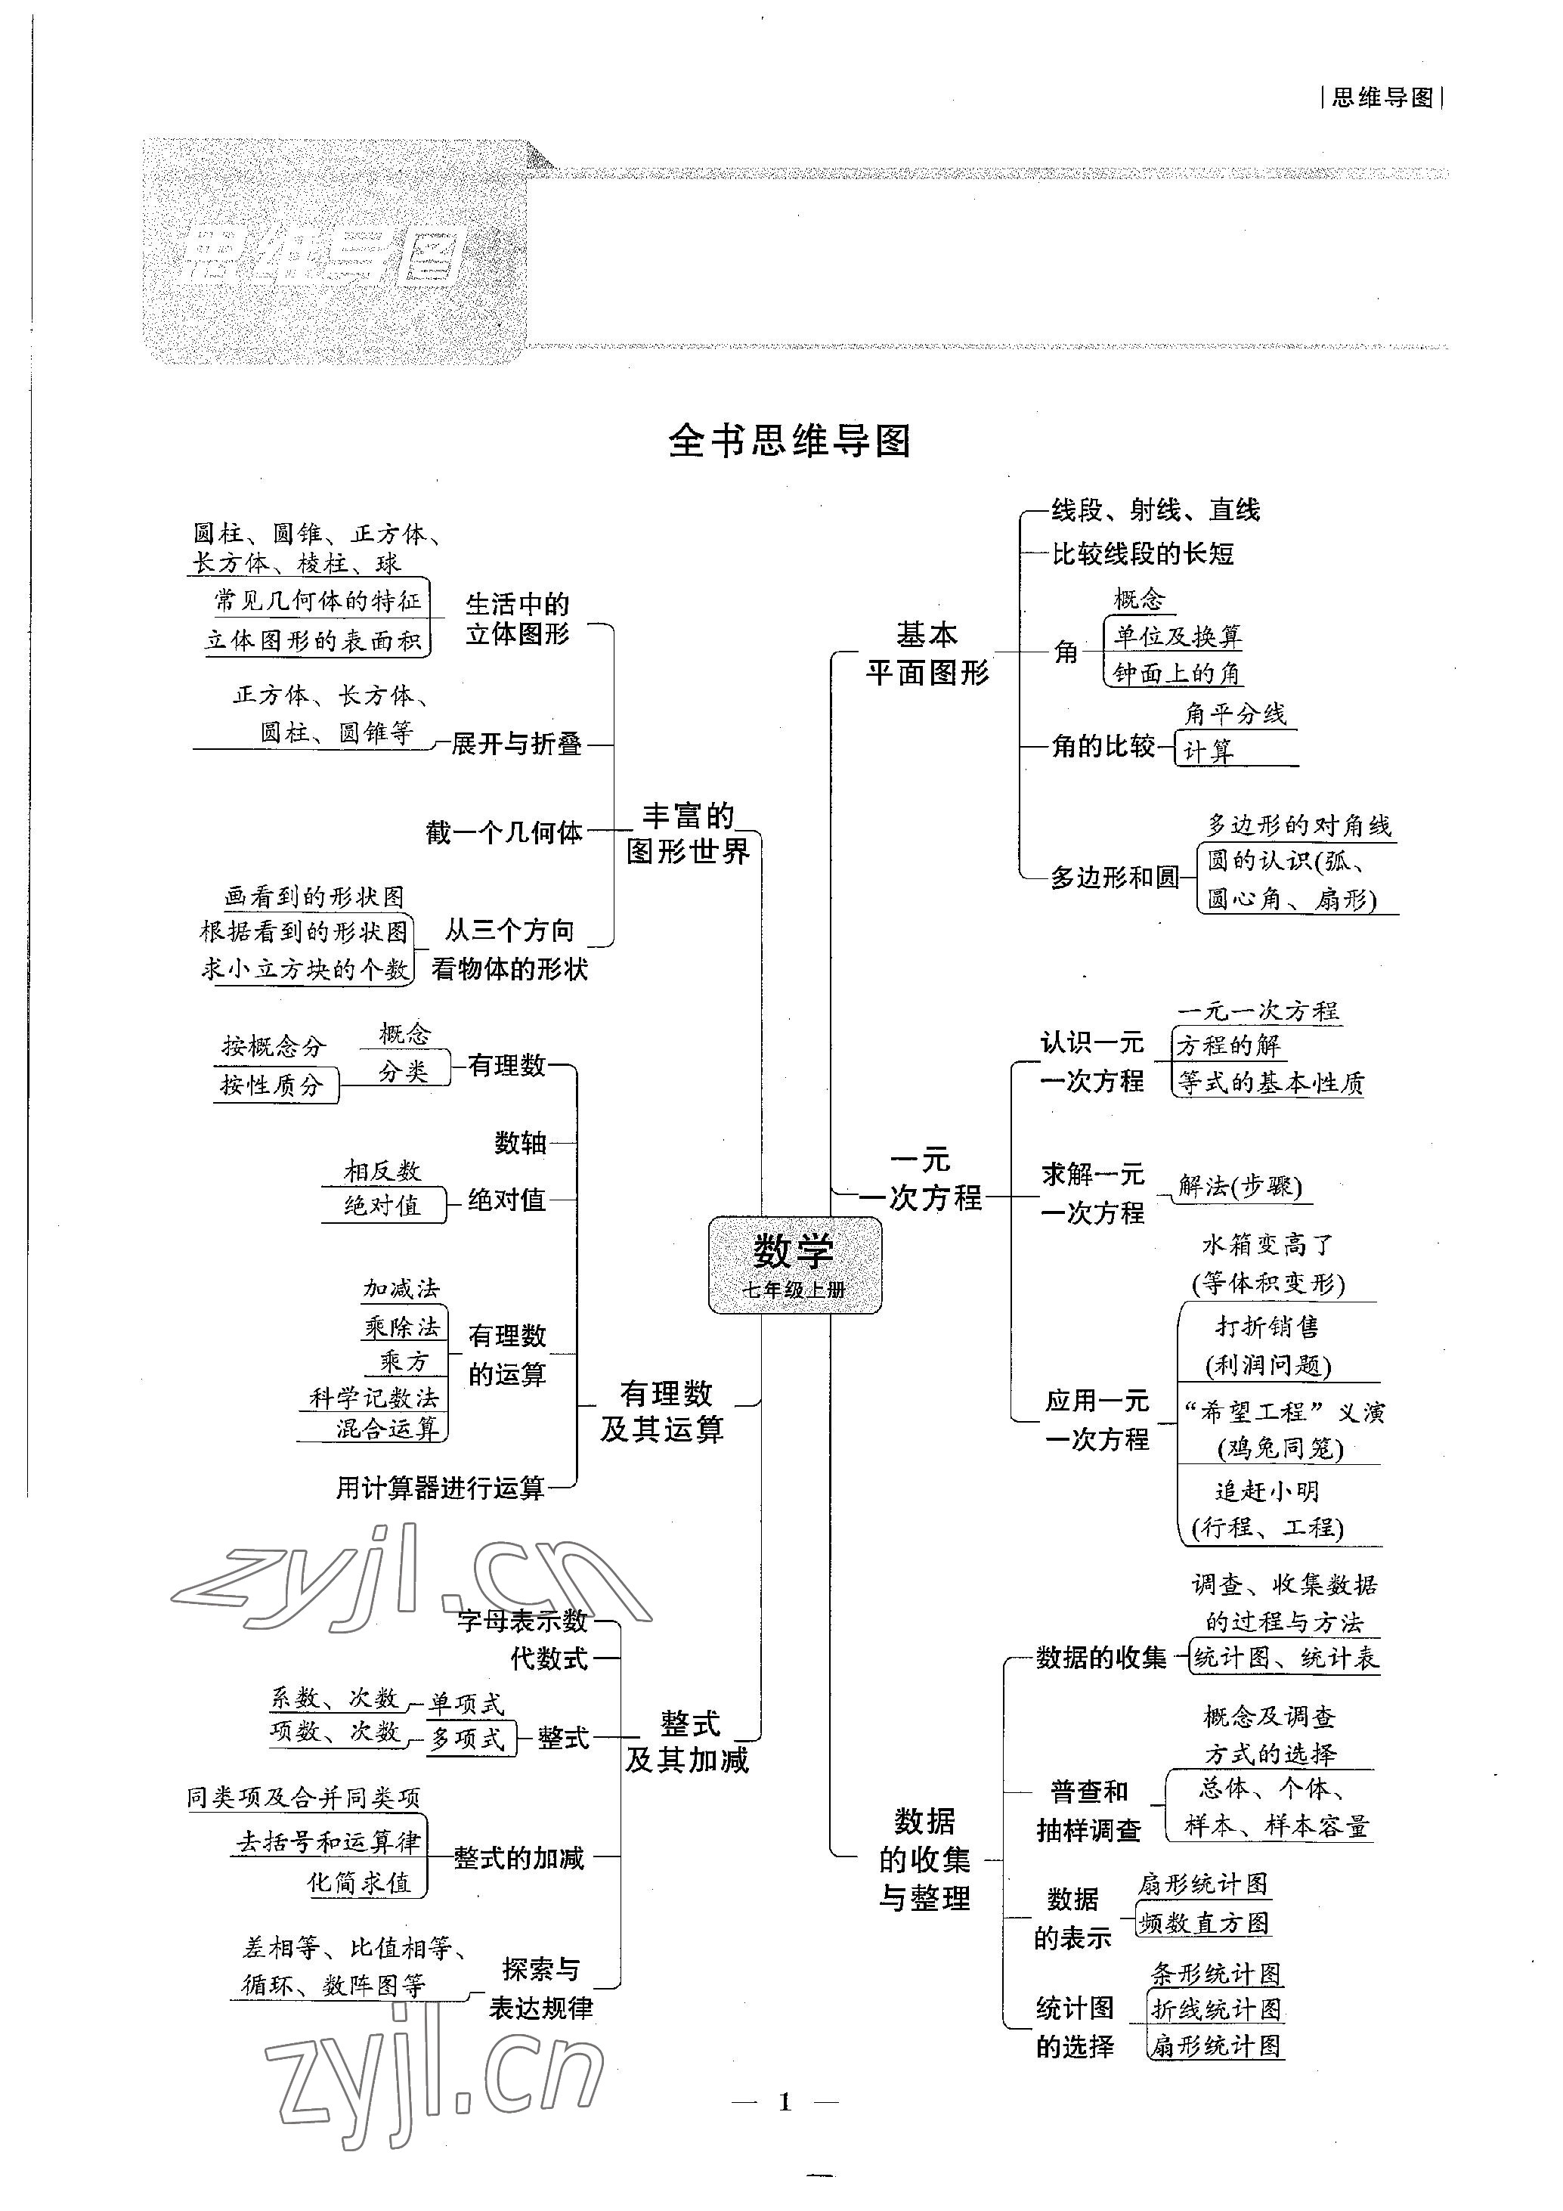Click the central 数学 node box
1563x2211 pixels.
point(794,1265)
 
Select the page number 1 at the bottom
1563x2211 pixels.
point(785,2101)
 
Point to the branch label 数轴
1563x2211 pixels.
point(520,1143)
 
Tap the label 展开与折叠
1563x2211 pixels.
point(516,743)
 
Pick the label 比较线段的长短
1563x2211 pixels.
point(1142,554)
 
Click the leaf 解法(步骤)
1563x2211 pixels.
point(1240,1187)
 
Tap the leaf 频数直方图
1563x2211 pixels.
point(1204,1923)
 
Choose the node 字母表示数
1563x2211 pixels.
point(522,1621)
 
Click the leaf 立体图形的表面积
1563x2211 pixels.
point(314,640)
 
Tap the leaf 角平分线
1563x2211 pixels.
point(1236,714)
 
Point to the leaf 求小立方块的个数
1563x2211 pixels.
point(305,969)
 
